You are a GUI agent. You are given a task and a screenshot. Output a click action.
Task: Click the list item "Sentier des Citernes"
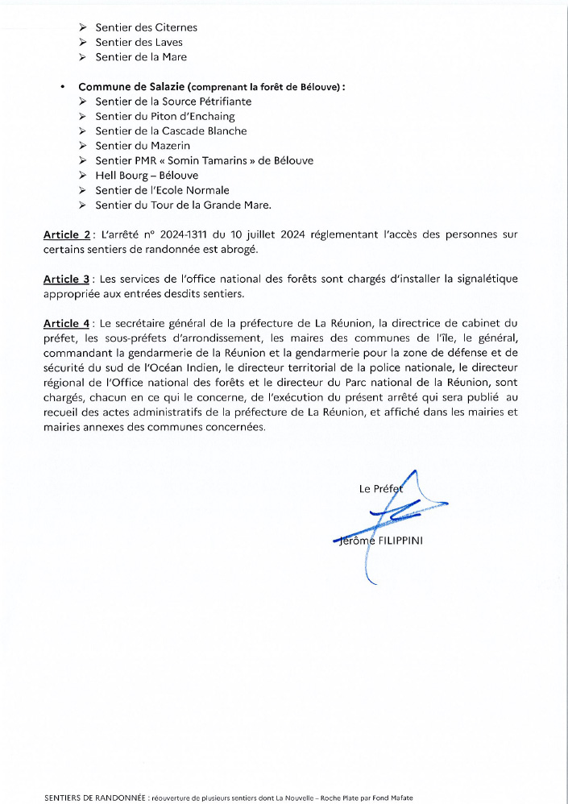(x=146, y=27)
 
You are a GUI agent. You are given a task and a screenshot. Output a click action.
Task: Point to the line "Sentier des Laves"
(x=139, y=42)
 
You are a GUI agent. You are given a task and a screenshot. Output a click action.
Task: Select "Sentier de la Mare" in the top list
(x=141, y=57)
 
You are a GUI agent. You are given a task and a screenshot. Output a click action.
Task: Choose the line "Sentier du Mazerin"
(x=143, y=146)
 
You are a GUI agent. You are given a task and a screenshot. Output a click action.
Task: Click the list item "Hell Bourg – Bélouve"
(x=147, y=175)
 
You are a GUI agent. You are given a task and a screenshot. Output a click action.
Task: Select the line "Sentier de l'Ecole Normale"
(x=162, y=190)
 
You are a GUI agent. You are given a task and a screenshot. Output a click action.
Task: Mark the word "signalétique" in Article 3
(x=483, y=279)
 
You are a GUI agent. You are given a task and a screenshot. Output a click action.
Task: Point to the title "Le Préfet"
(x=379, y=489)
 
